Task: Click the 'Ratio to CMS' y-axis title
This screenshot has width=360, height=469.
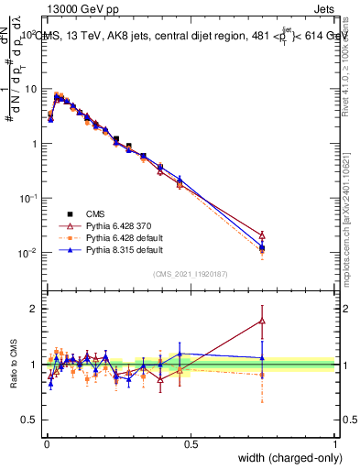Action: click(x=13, y=365)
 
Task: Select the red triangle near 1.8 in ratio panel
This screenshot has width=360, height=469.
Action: click(x=262, y=321)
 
